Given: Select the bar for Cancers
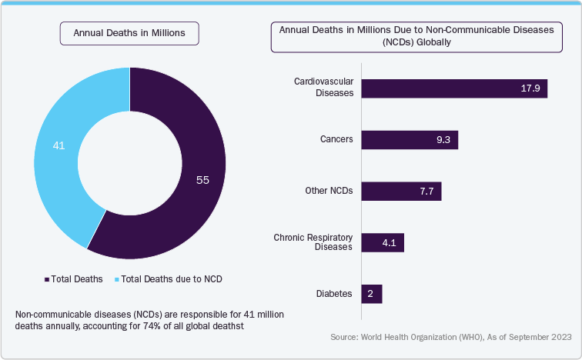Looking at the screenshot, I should click(410, 139).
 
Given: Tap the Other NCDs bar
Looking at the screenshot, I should click(401, 191).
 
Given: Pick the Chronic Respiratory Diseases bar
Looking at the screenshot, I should click(383, 242).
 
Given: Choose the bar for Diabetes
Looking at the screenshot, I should click(372, 294).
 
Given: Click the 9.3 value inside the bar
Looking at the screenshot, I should click(444, 140).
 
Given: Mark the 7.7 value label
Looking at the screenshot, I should click(427, 192).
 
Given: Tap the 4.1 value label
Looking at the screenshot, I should click(390, 243).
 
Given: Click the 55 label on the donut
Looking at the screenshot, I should click(202, 180).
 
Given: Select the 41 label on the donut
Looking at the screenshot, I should click(59, 145).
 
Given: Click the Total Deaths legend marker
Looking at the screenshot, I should click(47, 279).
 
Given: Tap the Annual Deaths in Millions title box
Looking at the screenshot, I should click(130, 33).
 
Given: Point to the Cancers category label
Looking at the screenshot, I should click(336, 139).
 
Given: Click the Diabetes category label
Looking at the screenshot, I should click(334, 294).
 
